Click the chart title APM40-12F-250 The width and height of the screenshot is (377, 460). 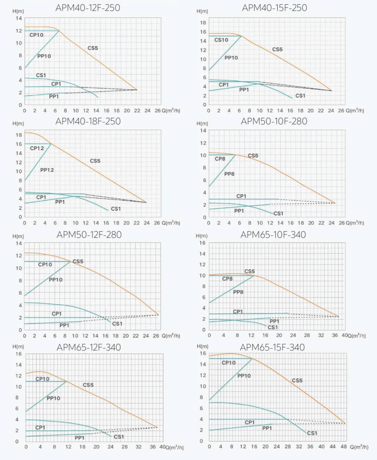(88, 8)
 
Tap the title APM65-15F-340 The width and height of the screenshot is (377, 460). (272, 347)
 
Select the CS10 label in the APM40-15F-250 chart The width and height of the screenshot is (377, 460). (221, 40)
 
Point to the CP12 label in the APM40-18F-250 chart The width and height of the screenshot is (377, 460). (37, 149)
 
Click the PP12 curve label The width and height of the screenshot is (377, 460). (47, 170)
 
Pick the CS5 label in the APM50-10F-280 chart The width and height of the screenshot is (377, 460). (253, 156)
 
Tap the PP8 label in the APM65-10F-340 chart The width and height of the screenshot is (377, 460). (238, 292)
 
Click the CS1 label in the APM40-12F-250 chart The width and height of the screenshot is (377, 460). (41, 75)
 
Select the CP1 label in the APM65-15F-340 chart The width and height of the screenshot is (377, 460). (250, 422)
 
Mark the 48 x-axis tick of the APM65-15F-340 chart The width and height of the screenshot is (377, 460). (343, 446)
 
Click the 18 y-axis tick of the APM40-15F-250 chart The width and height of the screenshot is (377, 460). (203, 23)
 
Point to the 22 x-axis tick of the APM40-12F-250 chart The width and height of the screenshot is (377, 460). (137, 111)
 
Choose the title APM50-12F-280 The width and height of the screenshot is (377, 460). (89, 235)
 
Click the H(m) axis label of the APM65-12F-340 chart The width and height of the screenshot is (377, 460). (18, 347)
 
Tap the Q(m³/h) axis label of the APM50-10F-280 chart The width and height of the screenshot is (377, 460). (355, 223)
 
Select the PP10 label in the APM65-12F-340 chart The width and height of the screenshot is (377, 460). (53, 398)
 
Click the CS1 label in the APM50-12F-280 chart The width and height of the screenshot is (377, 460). (117, 324)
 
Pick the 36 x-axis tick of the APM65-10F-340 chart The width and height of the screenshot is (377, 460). (335, 335)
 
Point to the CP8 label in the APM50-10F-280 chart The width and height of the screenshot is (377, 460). (220, 159)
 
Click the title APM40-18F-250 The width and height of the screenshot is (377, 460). (88, 121)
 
